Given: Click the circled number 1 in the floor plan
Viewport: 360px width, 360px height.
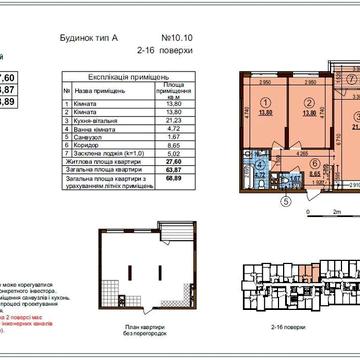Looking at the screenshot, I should click(266, 103).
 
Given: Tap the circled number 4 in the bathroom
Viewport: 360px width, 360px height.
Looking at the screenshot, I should click(259, 161).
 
